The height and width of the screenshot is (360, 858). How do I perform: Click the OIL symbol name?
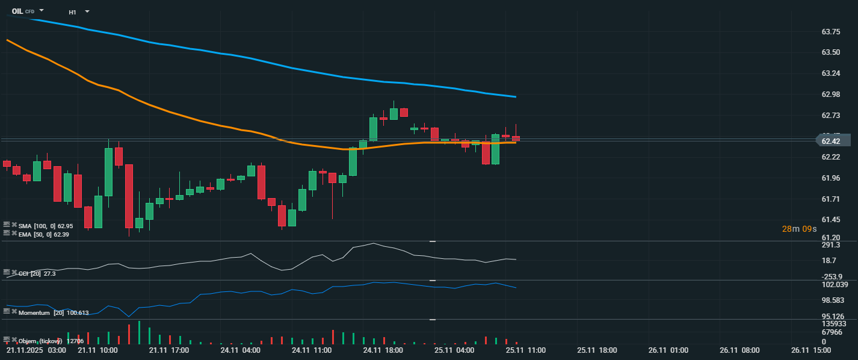pos(17,11)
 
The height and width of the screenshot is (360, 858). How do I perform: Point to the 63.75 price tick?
pos(831,31)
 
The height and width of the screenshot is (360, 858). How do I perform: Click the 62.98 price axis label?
pos(831,94)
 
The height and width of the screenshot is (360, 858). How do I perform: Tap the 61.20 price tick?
pos(831,237)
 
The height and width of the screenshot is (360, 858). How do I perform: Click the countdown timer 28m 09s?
pos(799,229)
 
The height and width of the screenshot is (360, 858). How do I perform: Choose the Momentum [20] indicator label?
pos(53,312)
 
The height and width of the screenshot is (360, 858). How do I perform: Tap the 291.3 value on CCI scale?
pos(831,246)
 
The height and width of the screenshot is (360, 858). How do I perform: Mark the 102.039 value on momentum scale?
pos(834,285)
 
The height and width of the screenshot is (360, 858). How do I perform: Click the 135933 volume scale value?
pos(833,324)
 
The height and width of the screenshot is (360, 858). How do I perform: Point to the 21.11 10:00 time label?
pos(97,350)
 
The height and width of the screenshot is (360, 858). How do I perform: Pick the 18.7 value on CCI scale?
pos(829,261)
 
